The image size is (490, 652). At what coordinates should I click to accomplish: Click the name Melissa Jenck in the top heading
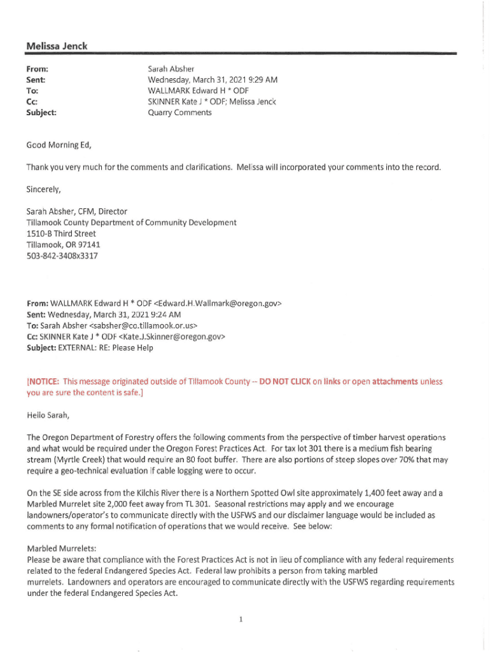[57, 46]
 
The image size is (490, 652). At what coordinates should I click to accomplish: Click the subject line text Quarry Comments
[179, 113]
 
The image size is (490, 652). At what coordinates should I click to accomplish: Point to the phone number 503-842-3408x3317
[62, 256]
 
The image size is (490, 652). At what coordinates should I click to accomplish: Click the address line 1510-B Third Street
[61, 234]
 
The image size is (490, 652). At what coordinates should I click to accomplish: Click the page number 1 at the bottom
[242, 618]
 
